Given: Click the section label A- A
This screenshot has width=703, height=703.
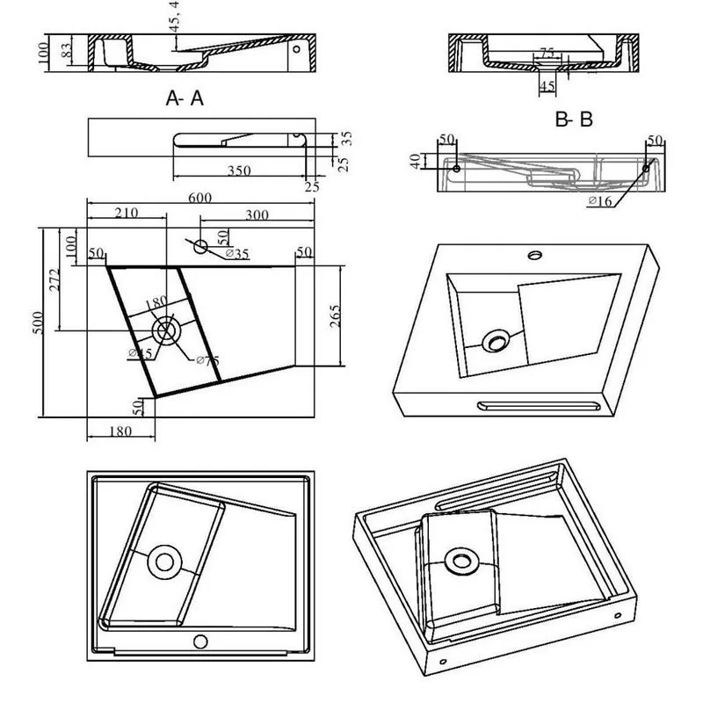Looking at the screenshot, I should [185, 98].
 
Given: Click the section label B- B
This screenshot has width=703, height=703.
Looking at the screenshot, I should [574, 120].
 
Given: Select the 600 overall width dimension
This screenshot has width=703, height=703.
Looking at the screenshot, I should [199, 199].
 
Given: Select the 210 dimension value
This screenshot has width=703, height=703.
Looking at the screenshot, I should [126, 214].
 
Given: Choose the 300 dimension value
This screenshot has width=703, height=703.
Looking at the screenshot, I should [257, 214].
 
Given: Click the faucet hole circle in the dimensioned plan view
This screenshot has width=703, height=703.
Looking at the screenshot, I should [201, 246].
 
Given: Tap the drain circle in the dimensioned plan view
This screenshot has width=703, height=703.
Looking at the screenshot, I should [165, 331].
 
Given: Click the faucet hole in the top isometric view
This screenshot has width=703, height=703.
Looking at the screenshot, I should [533, 257].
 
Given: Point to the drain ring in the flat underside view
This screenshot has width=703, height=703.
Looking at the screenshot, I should [163, 562].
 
